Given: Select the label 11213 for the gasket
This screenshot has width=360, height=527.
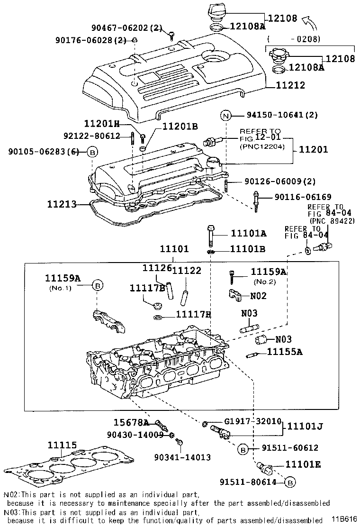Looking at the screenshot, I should pos(61,205).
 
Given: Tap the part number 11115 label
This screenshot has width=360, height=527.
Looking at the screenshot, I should pos(62,445).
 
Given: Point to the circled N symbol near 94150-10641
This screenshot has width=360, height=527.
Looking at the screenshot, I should pos(226,115).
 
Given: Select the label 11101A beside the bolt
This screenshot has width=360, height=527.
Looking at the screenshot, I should pos(248,233).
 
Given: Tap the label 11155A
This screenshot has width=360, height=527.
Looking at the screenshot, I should pos(284,352).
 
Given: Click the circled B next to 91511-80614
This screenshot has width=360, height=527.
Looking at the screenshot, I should pos(291,482).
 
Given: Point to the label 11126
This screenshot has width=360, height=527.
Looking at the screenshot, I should pos(156,268).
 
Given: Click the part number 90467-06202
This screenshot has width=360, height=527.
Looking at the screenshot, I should pos(126,27).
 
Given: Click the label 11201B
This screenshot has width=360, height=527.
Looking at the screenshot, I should pos(180,127).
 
